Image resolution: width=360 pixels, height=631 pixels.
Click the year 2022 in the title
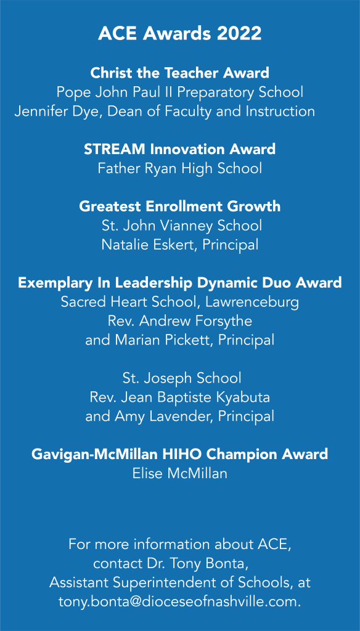pos(239,34)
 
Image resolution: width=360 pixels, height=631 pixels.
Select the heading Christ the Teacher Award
pos(179,73)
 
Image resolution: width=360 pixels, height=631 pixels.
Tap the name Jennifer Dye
pos(60,112)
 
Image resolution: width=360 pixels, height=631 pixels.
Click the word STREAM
pos(115,149)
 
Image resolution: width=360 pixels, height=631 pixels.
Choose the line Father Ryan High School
pos(179,169)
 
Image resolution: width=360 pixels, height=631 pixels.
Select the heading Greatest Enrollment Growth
pos(179,206)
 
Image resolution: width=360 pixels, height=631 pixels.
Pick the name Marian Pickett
pos(165,340)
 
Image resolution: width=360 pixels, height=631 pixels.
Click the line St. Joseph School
pos(182,378)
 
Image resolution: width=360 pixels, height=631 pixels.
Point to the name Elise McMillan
pos(179,474)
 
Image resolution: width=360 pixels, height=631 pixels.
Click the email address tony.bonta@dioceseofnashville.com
pos(179,602)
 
